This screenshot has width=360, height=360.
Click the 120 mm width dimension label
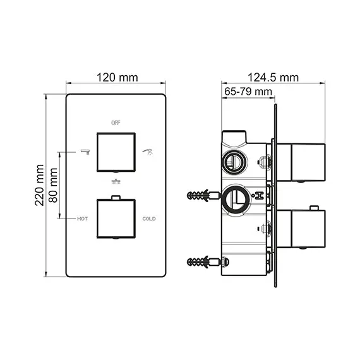point(116,78)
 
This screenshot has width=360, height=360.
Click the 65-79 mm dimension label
point(248,92)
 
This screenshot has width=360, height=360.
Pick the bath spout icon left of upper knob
point(84,152)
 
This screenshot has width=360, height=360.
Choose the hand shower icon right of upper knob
point(148,151)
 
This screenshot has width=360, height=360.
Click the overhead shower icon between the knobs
point(116,181)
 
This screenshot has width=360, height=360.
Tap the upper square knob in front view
point(116,152)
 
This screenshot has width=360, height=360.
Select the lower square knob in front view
point(116,219)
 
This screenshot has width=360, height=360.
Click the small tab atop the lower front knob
point(116,198)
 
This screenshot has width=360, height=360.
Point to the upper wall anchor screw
point(203,195)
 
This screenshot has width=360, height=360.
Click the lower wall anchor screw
point(203,261)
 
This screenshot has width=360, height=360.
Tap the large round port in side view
point(234,198)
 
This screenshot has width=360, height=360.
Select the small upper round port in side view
point(232,162)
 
